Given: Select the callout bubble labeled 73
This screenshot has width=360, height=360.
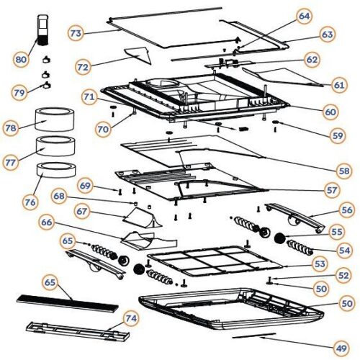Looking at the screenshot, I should click(77, 33).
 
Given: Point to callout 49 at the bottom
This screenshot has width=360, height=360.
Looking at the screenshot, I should click(340, 348).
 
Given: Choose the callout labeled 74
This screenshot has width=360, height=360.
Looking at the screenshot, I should click(130, 318).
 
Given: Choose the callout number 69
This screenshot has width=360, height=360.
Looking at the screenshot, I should click(86, 186).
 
